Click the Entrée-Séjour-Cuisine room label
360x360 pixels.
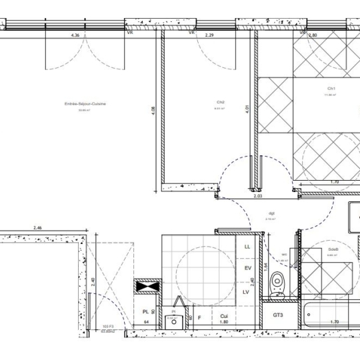point(85,104)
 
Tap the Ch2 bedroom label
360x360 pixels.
point(220,102)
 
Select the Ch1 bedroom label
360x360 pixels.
point(330,89)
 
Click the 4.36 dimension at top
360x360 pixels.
point(75,35)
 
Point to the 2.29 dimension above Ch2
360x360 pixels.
point(209,35)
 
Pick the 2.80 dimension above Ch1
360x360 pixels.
point(313,35)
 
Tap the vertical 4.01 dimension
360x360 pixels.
point(247,110)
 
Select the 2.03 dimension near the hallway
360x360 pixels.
point(257,197)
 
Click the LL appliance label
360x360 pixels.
point(247,247)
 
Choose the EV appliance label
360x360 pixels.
point(247,268)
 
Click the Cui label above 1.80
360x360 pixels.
point(224,316)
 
